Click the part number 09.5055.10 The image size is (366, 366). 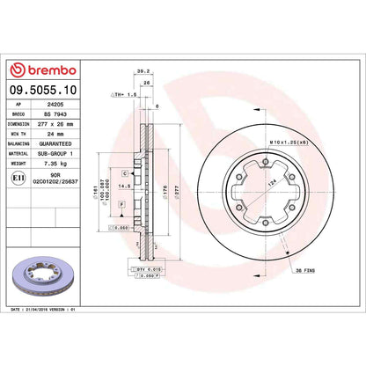click(x=43, y=89)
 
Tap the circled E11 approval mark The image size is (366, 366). click(x=18, y=177)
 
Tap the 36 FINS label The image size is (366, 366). click(x=318, y=268)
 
